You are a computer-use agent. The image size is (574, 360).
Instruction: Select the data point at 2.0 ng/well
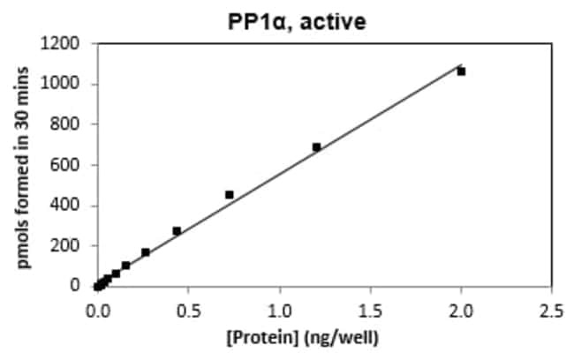pyautogui.click(x=461, y=71)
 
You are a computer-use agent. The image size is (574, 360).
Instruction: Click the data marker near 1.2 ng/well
pyautogui.click(x=316, y=147)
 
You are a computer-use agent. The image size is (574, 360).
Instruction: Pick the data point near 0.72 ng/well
pyautogui.click(x=230, y=194)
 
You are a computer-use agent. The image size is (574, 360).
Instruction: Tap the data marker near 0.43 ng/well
pyautogui.click(x=177, y=231)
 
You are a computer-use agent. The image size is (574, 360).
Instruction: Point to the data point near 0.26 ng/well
pyautogui.click(x=146, y=252)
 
